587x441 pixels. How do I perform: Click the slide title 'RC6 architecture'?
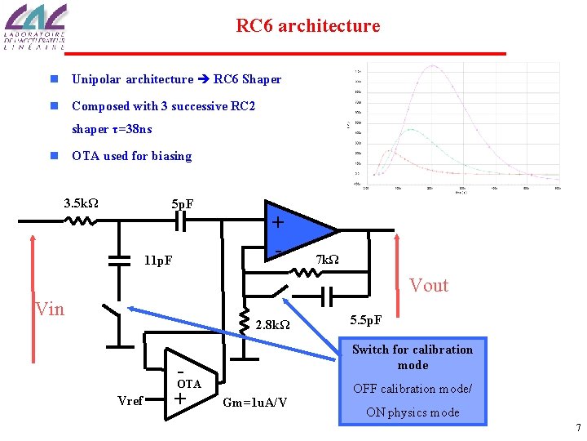pyautogui.click(x=307, y=26)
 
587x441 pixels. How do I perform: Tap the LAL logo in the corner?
pyautogui.click(x=35, y=27)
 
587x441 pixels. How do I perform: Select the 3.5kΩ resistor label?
pyautogui.click(x=82, y=203)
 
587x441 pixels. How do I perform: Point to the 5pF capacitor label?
pyautogui.click(x=183, y=203)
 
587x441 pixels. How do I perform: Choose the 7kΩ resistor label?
pyautogui.click(x=327, y=261)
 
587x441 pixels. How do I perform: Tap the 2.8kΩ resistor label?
pyautogui.click(x=274, y=325)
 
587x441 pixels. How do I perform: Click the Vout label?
pyautogui.click(x=429, y=285)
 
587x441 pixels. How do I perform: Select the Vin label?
pyautogui.click(x=51, y=309)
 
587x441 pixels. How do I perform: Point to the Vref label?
pyautogui.click(x=130, y=400)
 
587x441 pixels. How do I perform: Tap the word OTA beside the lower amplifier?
pyautogui.click(x=189, y=384)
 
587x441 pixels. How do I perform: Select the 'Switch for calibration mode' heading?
pyautogui.click(x=413, y=357)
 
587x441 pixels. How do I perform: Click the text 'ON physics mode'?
pyautogui.click(x=413, y=412)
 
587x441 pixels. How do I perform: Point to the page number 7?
pyautogui.click(x=577, y=428)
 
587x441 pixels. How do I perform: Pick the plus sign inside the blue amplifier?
pyautogui.click(x=278, y=222)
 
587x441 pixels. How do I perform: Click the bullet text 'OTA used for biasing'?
pyautogui.click(x=132, y=156)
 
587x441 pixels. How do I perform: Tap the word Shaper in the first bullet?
pyautogui.click(x=262, y=79)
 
